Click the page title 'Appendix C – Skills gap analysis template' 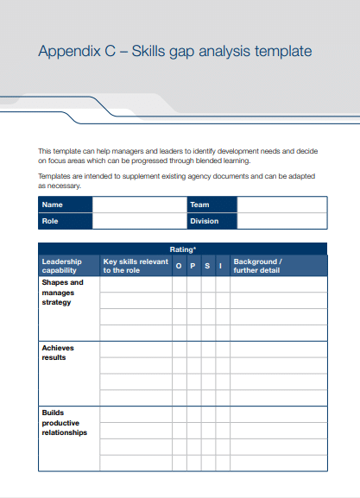(174, 52)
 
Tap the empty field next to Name (138, 205)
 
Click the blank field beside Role (138, 221)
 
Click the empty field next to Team (281, 205)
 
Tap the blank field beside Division (281, 221)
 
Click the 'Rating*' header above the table (182, 249)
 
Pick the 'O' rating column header (179, 266)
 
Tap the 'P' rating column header (193, 266)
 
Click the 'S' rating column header (207, 266)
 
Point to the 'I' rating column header (222, 266)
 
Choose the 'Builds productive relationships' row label (65, 422)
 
